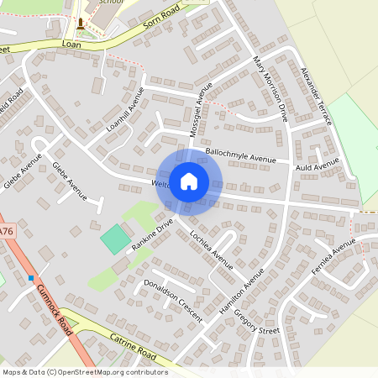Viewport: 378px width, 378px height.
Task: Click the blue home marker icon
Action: point(189,181)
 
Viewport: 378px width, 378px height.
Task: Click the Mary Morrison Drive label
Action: point(271,90)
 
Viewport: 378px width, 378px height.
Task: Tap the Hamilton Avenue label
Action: point(241,291)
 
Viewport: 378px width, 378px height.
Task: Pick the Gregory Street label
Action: point(257,319)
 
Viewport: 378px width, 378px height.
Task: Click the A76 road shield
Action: point(6,231)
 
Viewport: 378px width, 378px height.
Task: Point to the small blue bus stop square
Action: point(31,278)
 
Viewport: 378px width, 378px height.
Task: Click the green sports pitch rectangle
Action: point(116,239)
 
